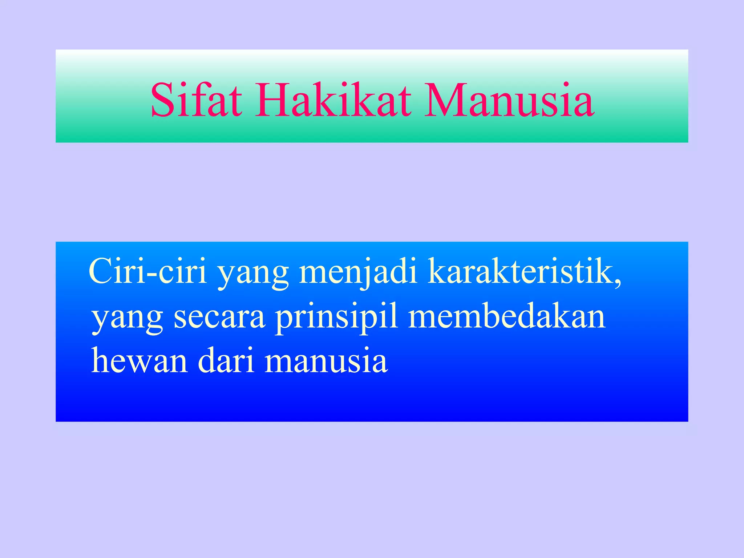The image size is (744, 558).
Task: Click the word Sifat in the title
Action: pyautogui.click(x=196, y=100)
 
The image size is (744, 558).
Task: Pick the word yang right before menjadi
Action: pyautogui.click(x=253, y=274)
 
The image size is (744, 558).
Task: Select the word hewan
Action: pyautogui.click(x=139, y=360)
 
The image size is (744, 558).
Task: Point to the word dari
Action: pyautogui.click(x=226, y=360)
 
